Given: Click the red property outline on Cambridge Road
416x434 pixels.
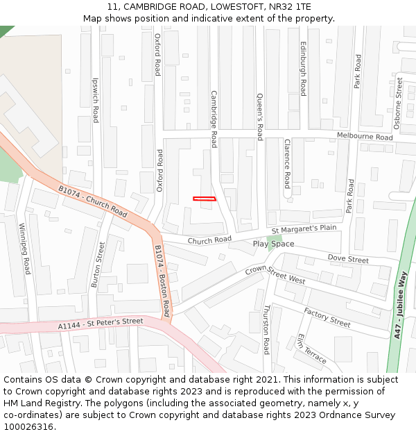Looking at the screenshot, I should tap(205, 199).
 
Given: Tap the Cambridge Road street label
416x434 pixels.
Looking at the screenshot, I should tap(214, 119).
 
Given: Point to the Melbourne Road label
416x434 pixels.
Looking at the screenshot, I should tap(365, 136).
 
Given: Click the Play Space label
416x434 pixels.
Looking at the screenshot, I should tap(273, 244).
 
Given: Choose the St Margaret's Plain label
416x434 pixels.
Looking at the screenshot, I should tap(304, 229).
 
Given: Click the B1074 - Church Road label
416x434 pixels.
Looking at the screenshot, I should tap(92, 201).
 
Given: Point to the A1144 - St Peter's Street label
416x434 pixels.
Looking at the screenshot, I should tap(101, 324).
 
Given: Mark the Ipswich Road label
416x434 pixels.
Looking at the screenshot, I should tap(96, 100).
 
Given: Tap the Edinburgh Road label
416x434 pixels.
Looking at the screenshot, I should tap(303, 68).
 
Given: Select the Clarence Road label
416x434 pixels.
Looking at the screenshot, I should tap(287, 163).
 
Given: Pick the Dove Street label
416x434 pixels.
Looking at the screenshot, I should tap(348, 259).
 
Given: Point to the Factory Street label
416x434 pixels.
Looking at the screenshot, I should tap(327, 317).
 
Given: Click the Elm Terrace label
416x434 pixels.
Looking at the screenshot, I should tap(311, 348).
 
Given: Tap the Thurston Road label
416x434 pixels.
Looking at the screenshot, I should tap(266, 329).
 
